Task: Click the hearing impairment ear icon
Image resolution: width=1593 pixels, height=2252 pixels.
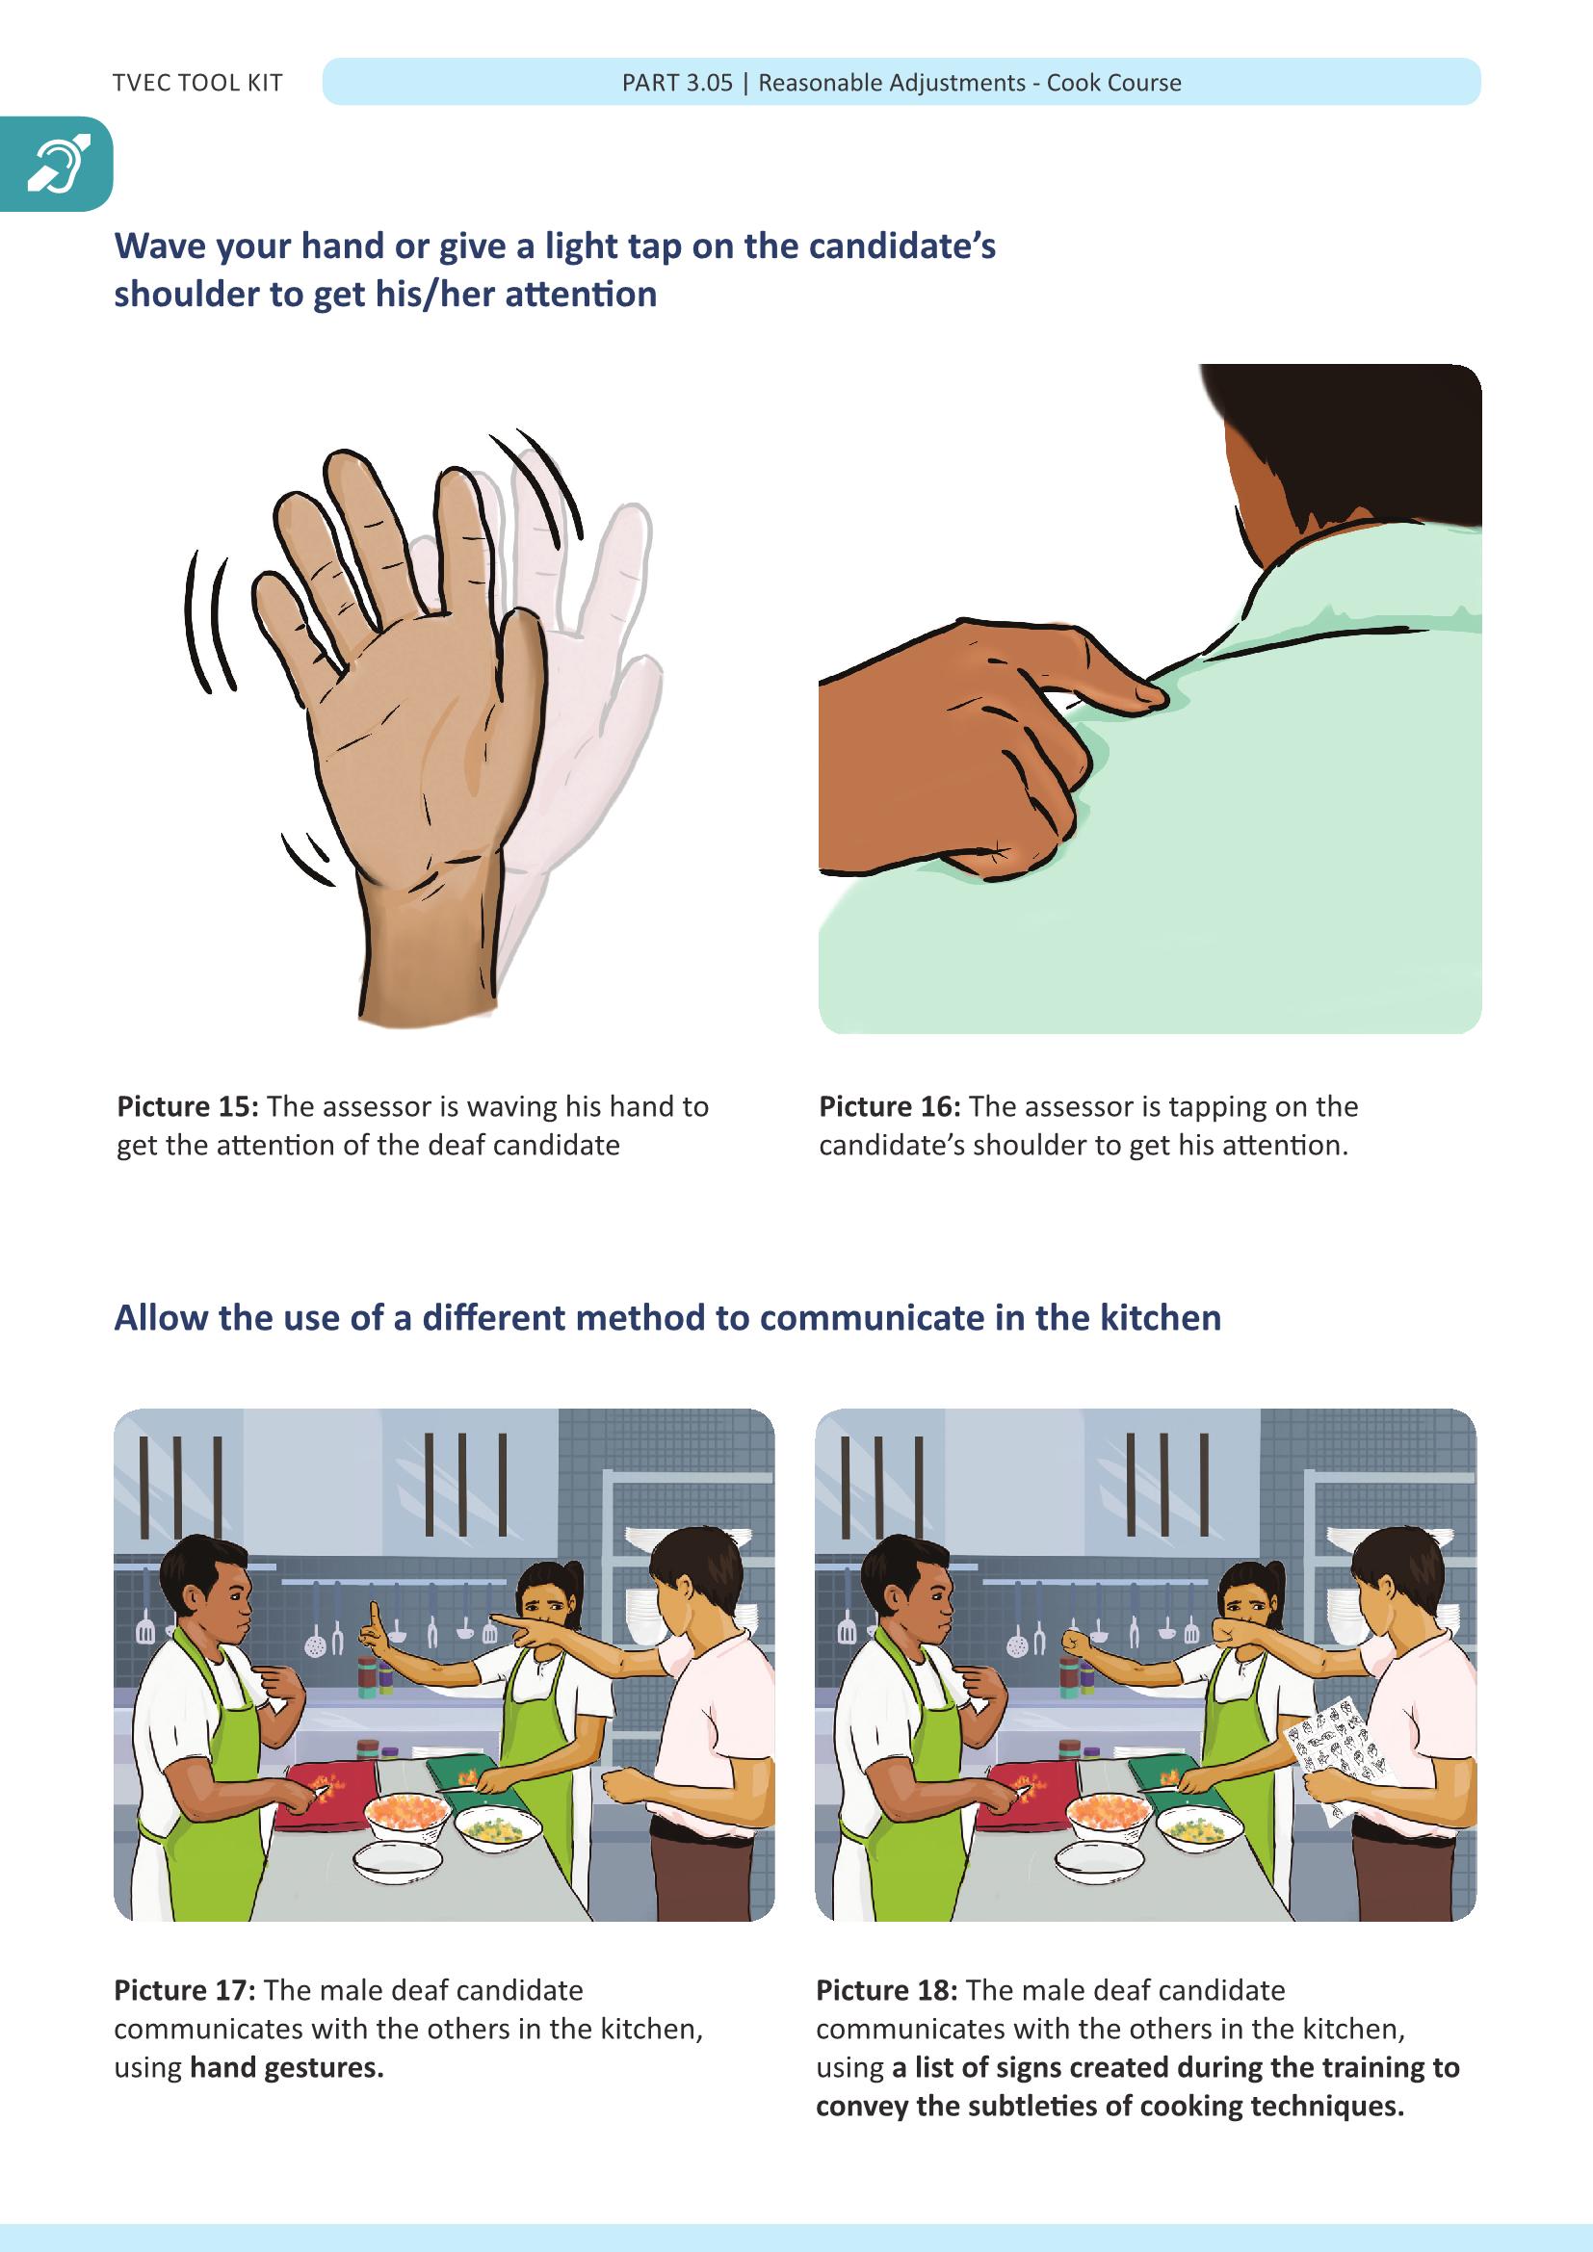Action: tap(58, 164)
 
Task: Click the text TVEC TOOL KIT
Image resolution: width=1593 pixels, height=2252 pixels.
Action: tap(197, 83)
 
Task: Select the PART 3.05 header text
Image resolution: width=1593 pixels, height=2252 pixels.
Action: tap(677, 83)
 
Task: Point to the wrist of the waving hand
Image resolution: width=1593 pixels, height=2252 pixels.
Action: tap(430, 942)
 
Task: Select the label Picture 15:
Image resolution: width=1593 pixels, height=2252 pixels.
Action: tap(188, 1106)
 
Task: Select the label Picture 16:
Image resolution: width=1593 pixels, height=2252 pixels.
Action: tap(890, 1106)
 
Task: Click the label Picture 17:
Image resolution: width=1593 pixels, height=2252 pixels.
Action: tap(185, 1990)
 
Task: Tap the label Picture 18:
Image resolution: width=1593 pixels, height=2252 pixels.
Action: tap(887, 1990)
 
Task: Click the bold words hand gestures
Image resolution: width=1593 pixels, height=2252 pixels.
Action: tap(286, 2067)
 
